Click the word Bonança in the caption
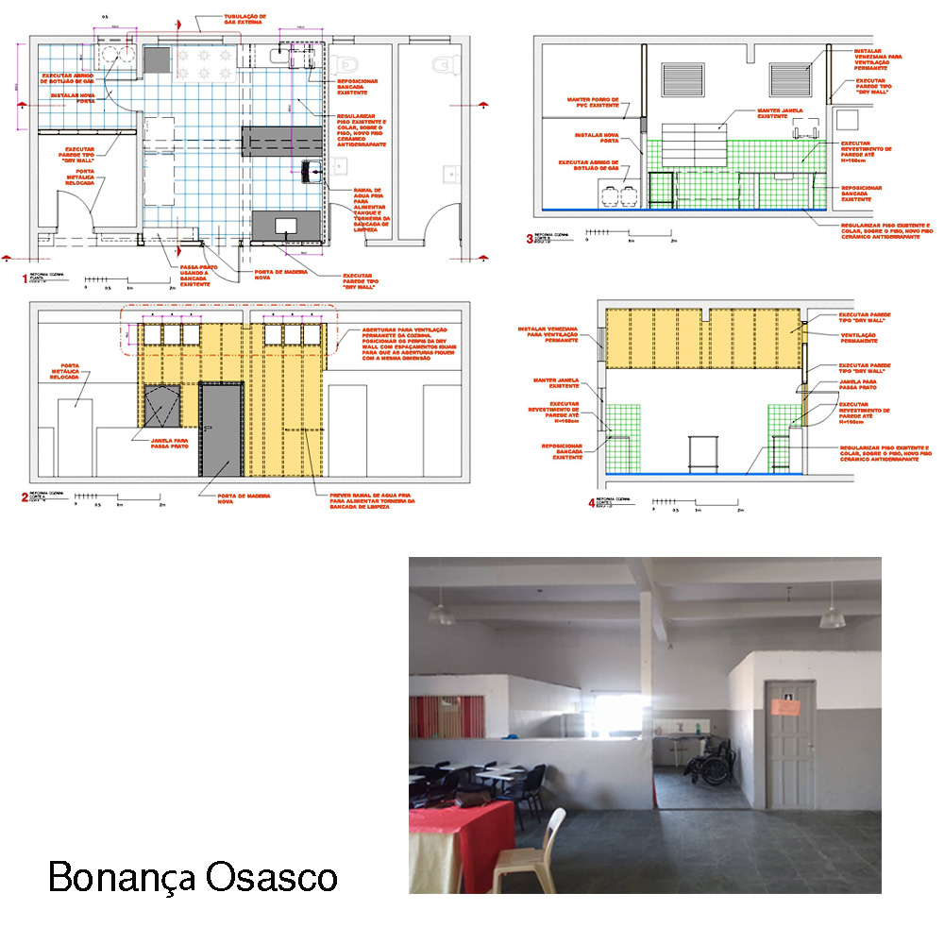click(113, 876)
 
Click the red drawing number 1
click(25, 279)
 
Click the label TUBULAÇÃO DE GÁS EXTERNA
click(230, 21)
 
